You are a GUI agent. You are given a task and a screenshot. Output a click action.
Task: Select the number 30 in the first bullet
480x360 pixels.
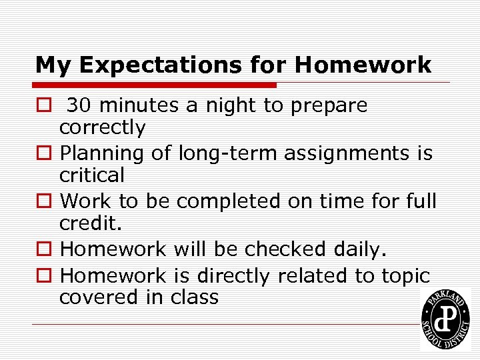(x=79, y=105)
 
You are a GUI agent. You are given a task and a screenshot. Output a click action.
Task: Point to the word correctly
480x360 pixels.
(x=102, y=127)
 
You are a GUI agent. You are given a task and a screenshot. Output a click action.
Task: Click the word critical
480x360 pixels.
(x=92, y=175)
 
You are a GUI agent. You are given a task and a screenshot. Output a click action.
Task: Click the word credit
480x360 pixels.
(x=89, y=223)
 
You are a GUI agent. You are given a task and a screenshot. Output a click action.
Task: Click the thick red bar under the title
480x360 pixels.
(x=156, y=85)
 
